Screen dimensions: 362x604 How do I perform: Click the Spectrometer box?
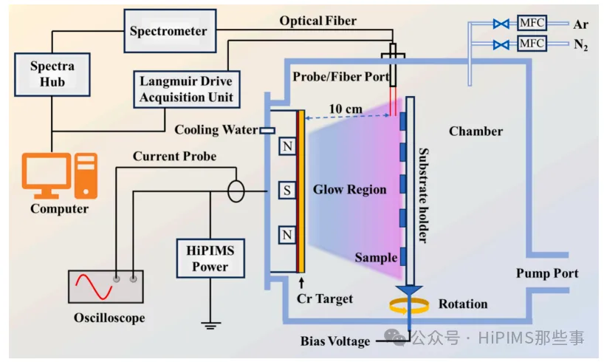(168, 31)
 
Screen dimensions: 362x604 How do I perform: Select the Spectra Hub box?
(52, 74)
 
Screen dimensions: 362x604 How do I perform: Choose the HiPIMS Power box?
(210, 259)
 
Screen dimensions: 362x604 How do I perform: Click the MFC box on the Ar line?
(531, 24)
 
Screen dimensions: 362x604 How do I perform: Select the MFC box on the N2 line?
(531, 44)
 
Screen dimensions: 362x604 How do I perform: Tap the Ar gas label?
(580, 24)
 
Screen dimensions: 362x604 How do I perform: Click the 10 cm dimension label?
(346, 109)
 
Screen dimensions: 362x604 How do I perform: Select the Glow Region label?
(349, 190)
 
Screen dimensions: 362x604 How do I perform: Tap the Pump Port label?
(547, 273)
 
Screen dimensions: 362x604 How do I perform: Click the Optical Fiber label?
(318, 21)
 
